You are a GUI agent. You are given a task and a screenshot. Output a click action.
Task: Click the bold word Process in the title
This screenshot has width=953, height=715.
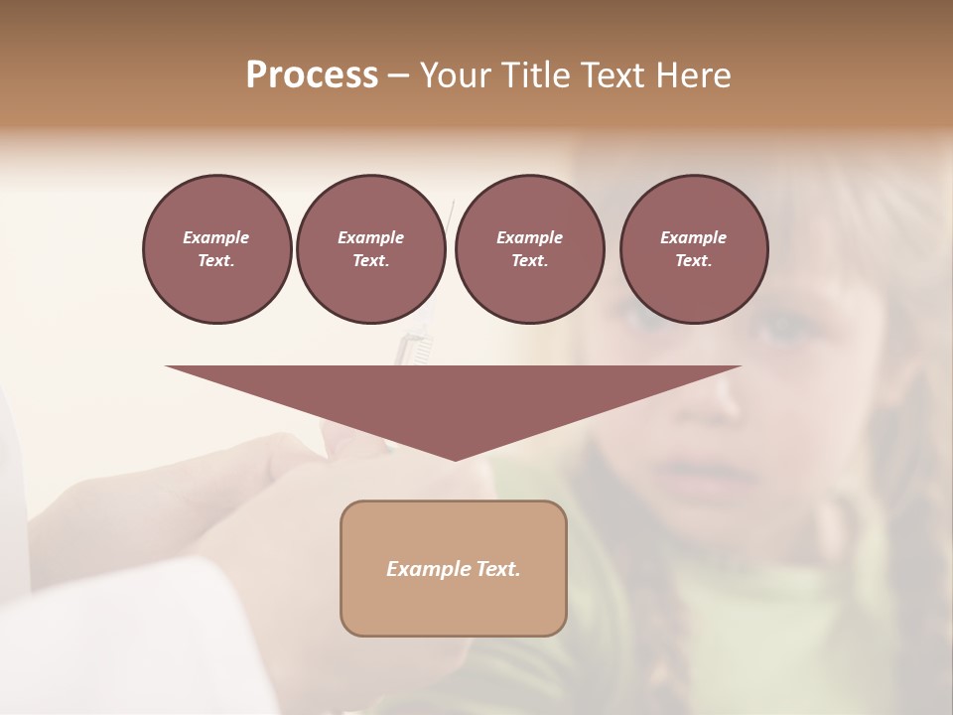pos(312,75)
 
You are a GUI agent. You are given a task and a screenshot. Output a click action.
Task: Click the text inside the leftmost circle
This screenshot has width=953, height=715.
pos(216,249)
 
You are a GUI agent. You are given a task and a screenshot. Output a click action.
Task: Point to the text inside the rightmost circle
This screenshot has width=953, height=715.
pos(693,249)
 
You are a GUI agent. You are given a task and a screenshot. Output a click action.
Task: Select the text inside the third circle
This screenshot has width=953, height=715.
pos(529,249)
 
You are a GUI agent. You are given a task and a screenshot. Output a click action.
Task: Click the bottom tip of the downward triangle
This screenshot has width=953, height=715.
pos(455,458)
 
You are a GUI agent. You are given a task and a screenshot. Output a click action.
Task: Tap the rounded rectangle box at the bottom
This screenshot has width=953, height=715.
pos(454,606)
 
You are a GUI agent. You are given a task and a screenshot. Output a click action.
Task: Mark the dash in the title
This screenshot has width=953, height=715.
pos(398,75)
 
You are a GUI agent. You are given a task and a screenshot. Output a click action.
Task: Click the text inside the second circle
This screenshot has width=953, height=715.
pos(370,249)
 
